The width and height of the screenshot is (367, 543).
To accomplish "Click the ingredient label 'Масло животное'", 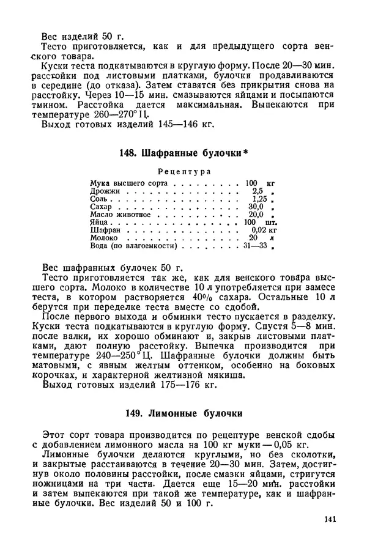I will click(x=120, y=215).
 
